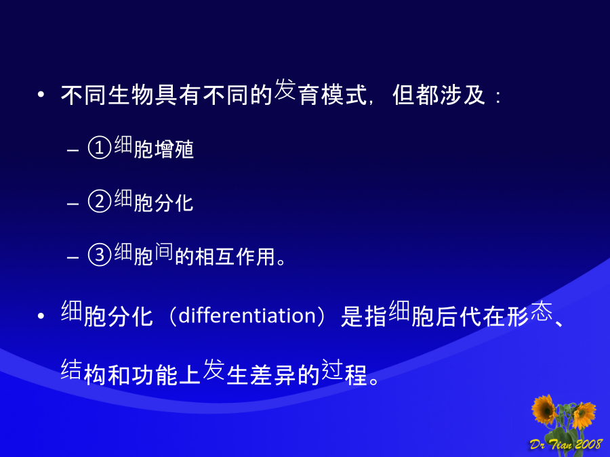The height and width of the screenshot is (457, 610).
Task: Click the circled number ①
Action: (x=100, y=148)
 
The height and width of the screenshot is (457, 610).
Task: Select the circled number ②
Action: (x=100, y=201)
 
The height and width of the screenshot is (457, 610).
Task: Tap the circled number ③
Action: (x=100, y=255)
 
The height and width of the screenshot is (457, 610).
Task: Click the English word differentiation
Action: (x=247, y=315)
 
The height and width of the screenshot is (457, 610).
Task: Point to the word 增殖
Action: (x=174, y=150)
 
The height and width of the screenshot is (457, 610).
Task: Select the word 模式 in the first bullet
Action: (x=344, y=95)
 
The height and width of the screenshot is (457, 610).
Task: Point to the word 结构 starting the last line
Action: (x=83, y=372)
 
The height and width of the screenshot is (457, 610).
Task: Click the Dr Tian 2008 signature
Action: (x=566, y=443)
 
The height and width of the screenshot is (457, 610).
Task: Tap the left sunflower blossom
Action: (x=544, y=409)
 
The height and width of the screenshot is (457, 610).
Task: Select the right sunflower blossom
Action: (x=584, y=415)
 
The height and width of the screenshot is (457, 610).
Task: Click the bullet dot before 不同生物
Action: (x=41, y=94)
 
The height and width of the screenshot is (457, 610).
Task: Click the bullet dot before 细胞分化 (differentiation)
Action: (x=41, y=316)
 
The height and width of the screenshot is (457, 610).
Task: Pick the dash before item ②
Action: (x=73, y=203)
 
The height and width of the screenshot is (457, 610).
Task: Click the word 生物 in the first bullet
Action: (x=131, y=95)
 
